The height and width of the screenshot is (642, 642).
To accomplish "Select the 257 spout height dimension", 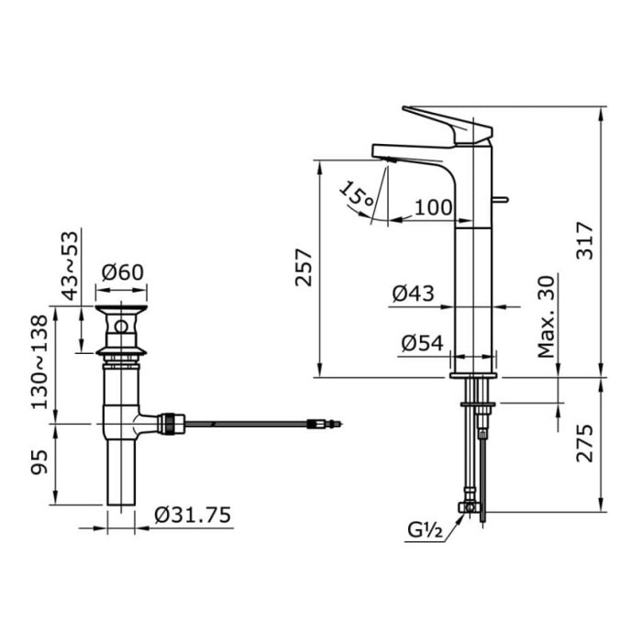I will pos(304,268).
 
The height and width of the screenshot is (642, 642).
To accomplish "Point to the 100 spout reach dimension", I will pos(433,207).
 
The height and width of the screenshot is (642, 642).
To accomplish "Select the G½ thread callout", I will pos(426,529).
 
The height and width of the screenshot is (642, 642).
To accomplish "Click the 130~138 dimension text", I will pos(41,365).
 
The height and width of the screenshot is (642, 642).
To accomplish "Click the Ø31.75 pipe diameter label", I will pos(192,515).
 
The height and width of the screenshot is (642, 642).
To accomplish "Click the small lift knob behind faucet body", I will pos(502,199).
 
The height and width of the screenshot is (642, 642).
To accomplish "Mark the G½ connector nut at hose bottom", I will pos(470,507).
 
